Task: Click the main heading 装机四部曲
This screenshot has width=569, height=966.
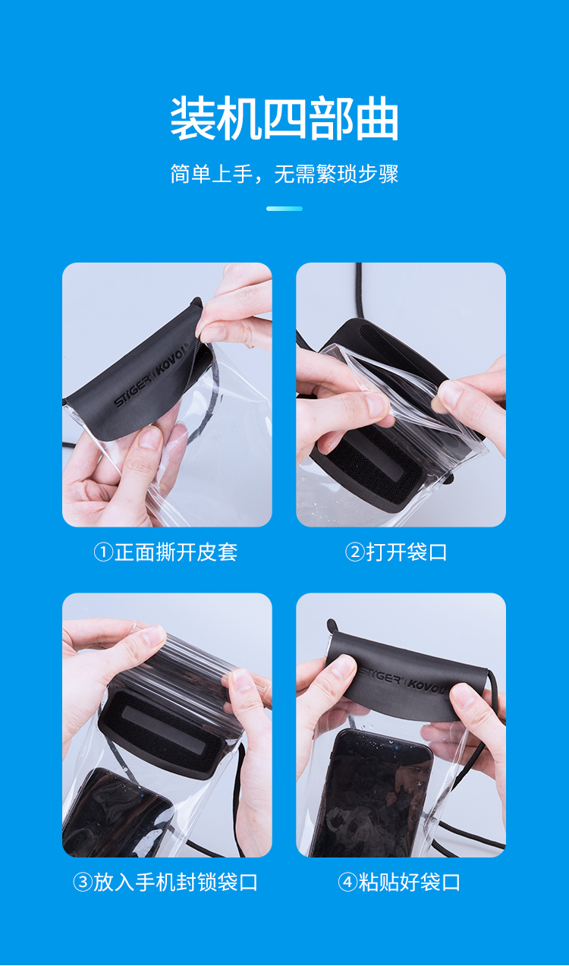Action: (284, 118)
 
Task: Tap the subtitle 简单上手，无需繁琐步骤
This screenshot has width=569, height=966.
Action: (284, 174)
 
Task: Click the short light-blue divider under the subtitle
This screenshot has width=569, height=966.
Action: (284, 209)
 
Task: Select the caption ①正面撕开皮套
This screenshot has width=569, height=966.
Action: (165, 552)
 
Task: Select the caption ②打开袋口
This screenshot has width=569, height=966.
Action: (396, 552)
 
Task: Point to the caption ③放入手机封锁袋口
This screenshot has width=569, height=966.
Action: (165, 883)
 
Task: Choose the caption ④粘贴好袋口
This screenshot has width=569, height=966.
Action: (399, 883)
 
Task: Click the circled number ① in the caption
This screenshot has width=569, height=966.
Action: (103, 552)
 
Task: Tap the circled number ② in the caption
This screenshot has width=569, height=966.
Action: (355, 552)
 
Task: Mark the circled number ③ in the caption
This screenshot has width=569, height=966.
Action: (83, 883)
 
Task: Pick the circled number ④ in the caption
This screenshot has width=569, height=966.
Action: (348, 883)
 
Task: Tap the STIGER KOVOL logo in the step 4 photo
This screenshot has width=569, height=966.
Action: (403, 681)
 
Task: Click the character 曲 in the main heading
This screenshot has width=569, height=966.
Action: (377, 118)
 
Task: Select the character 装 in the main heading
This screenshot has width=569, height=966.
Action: (192, 118)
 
